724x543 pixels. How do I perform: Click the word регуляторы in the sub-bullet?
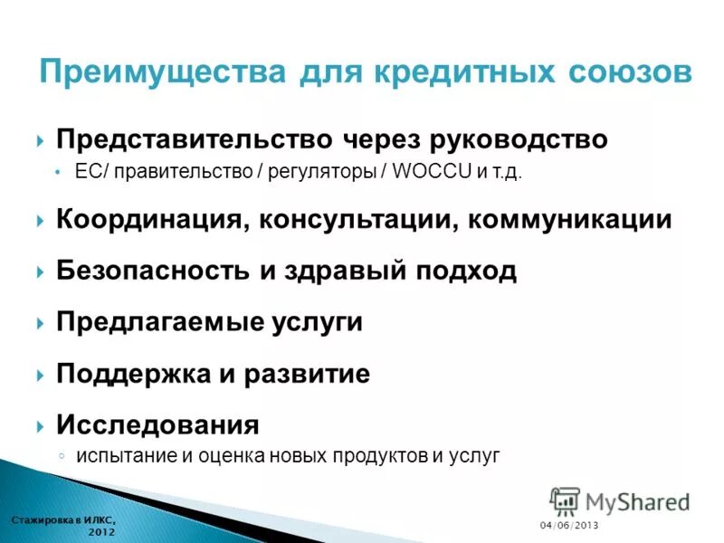point(322,172)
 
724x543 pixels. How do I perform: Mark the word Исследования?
point(157,424)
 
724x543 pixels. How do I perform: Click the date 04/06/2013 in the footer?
point(569,526)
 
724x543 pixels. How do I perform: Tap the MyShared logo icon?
point(564,501)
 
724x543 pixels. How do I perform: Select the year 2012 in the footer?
point(101,532)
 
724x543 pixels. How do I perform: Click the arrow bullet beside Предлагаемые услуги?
point(42,323)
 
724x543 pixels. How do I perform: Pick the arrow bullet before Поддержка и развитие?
point(42,375)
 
